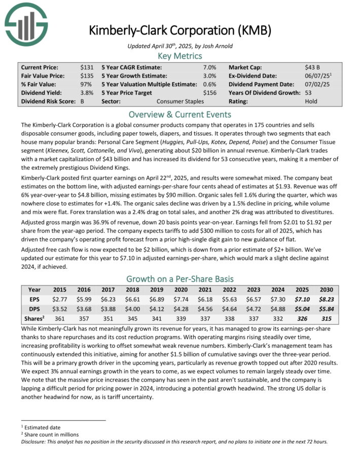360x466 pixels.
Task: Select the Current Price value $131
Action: [x=87, y=67]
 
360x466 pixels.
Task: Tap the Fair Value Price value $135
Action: [x=87, y=76]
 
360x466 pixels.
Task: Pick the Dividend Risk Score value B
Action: [x=82, y=101]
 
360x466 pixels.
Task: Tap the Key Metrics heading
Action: [x=180, y=56]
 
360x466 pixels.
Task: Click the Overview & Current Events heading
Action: [x=180, y=114]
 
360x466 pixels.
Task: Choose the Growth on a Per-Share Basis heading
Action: [x=180, y=278]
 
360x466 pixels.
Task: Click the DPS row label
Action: [x=34, y=309]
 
